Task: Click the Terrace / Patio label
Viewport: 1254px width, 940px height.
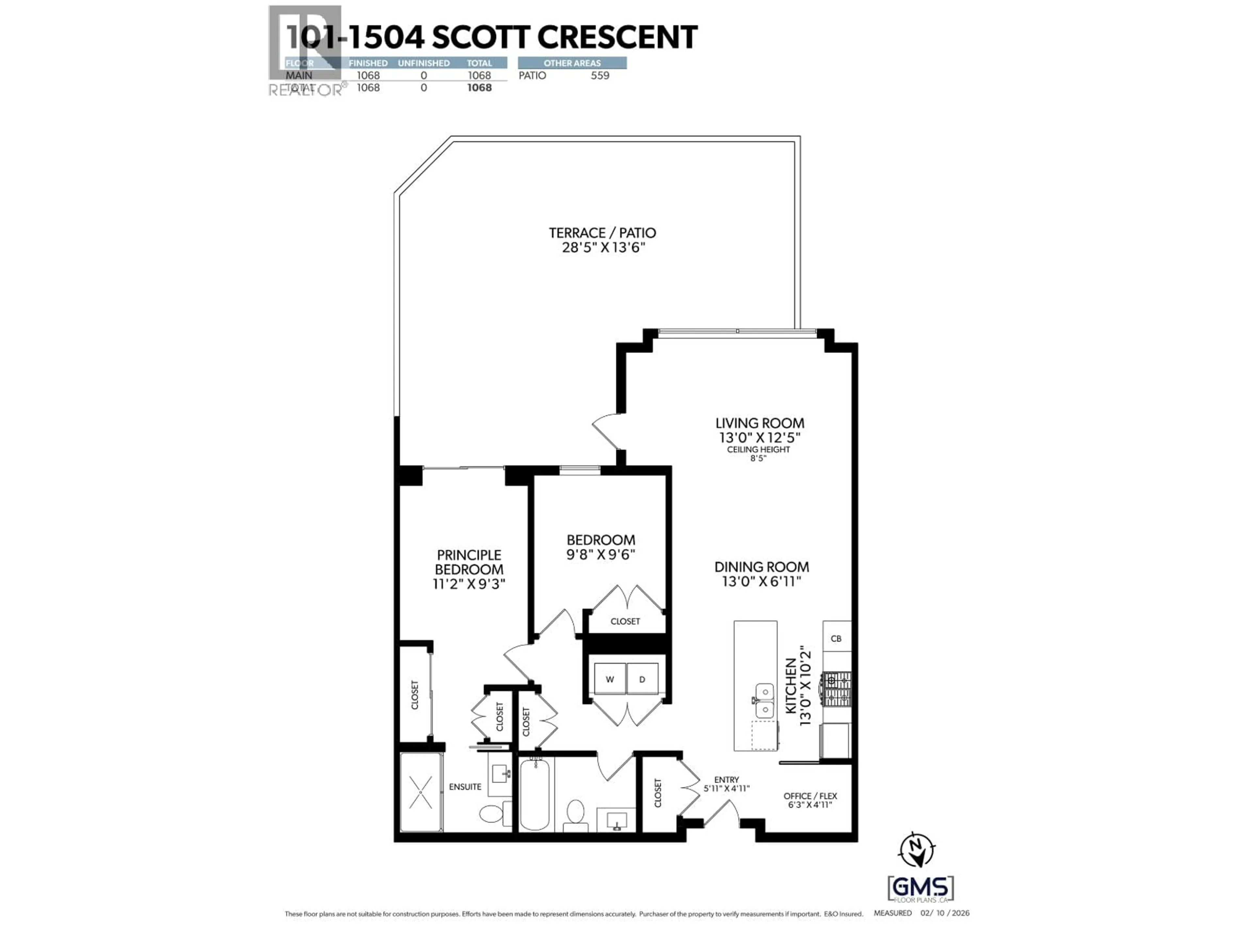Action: click(602, 233)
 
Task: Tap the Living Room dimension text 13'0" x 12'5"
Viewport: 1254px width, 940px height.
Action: click(759, 437)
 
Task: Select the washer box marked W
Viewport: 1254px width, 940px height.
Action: click(609, 679)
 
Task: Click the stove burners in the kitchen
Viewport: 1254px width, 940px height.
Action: click(837, 688)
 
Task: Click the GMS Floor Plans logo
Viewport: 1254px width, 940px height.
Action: click(921, 888)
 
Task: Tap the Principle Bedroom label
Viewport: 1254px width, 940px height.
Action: click(469, 562)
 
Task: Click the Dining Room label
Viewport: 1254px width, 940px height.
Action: click(761, 567)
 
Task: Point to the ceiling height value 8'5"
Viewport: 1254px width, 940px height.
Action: click(758, 458)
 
